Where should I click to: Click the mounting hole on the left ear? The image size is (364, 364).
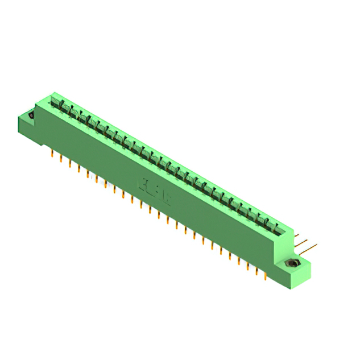31,115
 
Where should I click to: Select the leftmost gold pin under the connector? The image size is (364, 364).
52,154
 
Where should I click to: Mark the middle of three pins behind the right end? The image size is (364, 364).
304,241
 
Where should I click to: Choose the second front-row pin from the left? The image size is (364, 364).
61,159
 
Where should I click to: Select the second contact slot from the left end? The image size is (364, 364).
65,109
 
